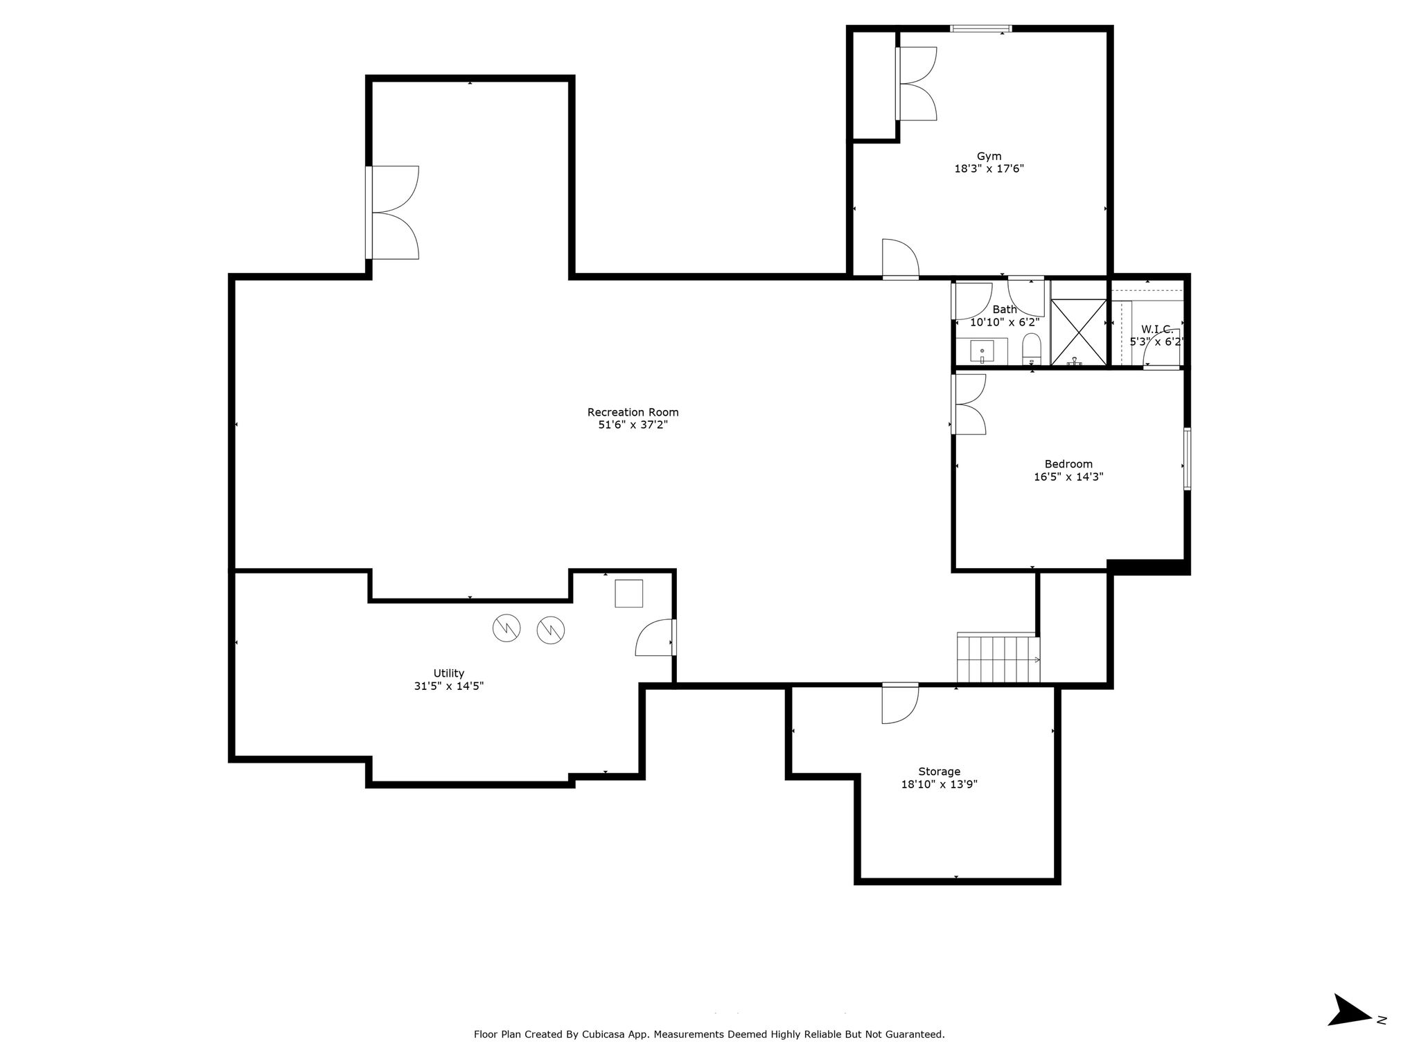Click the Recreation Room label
(x=633, y=412)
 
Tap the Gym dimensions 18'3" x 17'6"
(x=989, y=168)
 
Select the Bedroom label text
(x=1068, y=464)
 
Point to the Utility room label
(x=448, y=673)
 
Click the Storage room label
(x=939, y=772)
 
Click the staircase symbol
(x=998, y=658)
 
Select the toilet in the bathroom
(x=1032, y=348)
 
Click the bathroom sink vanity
(x=982, y=351)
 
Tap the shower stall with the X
(x=1079, y=332)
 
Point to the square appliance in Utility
(x=628, y=594)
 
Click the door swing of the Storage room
(x=900, y=704)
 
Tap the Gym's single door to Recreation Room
(x=900, y=259)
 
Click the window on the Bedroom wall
(x=1187, y=459)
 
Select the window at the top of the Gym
(x=980, y=28)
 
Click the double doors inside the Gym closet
(x=915, y=83)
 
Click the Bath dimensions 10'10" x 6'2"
(x=1005, y=322)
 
